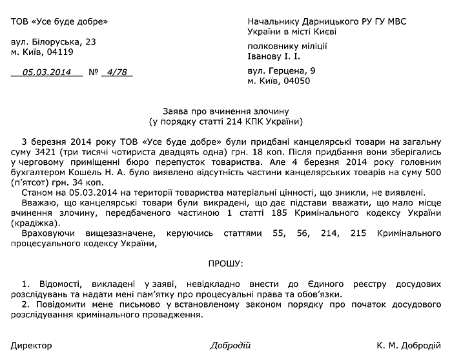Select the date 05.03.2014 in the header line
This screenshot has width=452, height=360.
tap(47, 72)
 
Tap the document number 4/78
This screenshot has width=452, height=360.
tap(117, 72)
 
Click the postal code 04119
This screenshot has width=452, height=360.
tap(59, 52)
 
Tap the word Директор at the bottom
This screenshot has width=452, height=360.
tap(31, 345)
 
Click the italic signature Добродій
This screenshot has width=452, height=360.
tap(230, 345)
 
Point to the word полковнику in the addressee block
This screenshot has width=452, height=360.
tap(272, 46)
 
